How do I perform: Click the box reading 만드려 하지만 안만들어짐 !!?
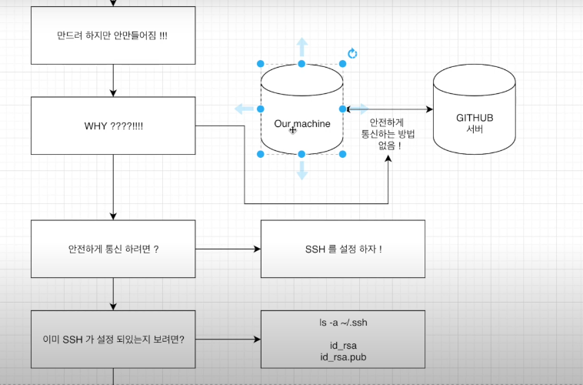tap(112, 36)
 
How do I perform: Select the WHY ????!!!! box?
tap(112, 126)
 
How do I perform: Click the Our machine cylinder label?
tap(302, 124)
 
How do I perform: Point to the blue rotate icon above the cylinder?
tap(352, 54)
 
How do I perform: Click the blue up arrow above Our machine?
tap(301, 45)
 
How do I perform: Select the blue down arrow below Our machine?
tap(301, 172)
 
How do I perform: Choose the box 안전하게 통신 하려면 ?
tap(112, 249)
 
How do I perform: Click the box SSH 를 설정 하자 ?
tap(343, 249)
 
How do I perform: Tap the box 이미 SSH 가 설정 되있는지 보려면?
tap(112, 339)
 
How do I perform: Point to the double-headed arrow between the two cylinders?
tap(388, 109)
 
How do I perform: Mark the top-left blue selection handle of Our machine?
tap(261, 64)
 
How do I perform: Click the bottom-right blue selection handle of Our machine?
tap(343, 155)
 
